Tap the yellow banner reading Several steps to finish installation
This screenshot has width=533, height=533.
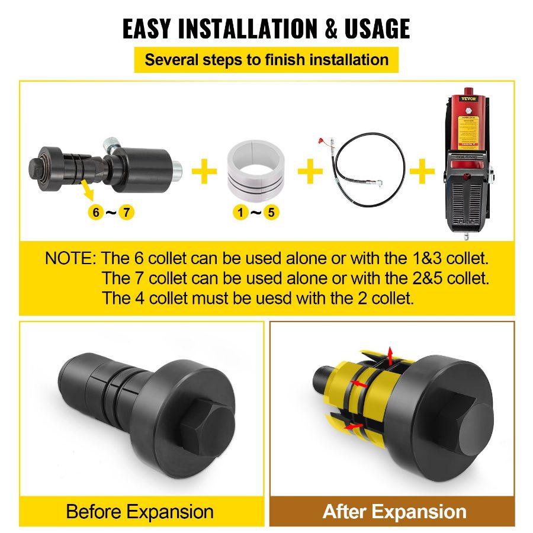(266, 60)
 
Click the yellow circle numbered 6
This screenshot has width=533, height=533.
(95, 211)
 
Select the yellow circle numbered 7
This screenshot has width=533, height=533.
(125, 211)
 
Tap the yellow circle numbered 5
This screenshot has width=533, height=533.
(269, 211)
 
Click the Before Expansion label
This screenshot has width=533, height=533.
(140, 511)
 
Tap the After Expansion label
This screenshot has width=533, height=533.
(394, 511)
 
